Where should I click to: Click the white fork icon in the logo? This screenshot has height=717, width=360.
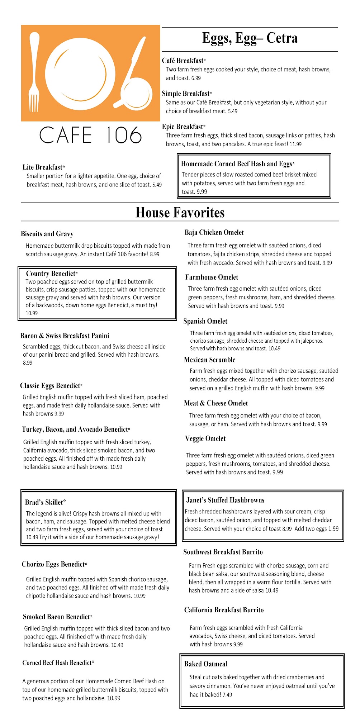34,72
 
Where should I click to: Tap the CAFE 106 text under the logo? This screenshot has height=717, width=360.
90,135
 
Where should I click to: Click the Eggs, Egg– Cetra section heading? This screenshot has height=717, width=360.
250,38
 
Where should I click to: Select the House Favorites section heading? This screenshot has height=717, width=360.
180,213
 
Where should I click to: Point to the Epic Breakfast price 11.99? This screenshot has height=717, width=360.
295,144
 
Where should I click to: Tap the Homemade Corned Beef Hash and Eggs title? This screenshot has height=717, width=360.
238,164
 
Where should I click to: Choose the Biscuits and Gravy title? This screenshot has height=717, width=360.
47,234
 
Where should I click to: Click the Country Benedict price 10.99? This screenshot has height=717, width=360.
32,313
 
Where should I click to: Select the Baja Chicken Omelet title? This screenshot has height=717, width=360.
214,232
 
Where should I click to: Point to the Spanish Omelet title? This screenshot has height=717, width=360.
205,321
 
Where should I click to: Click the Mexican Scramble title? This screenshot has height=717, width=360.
209,360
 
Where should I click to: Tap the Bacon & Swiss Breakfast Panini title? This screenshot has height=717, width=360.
65,336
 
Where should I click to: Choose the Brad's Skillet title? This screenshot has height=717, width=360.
46,502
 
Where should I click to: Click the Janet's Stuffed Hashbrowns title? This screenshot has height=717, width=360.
225,500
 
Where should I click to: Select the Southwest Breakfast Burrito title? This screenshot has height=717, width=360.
223,552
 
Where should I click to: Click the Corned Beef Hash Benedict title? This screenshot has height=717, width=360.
58,663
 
